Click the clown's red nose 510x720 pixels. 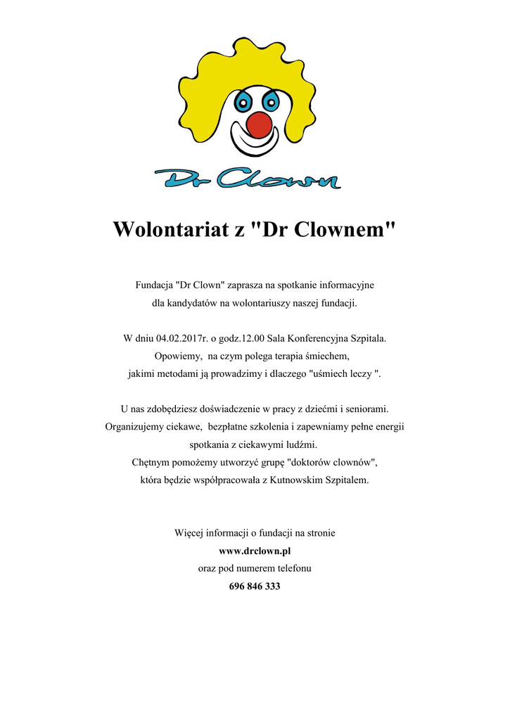tap(260, 124)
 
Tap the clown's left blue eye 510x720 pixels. tap(243, 101)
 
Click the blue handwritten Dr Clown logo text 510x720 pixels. tap(248, 179)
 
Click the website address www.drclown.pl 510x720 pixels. tap(255, 551)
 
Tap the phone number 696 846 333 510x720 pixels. tap(255, 586)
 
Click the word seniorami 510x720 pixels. tap(365, 409)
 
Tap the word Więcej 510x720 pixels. tap(189, 533)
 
